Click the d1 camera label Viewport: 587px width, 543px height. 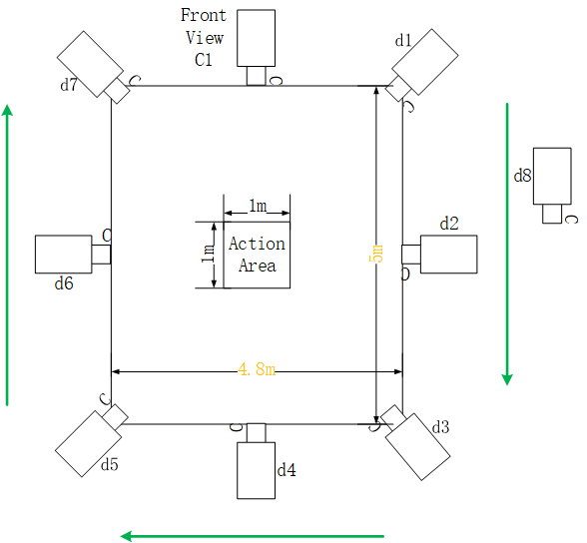click(x=403, y=40)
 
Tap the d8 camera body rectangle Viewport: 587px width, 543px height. click(x=552, y=176)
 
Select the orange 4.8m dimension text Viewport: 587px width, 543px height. click(x=257, y=369)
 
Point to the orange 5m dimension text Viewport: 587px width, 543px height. click(x=377, y=254)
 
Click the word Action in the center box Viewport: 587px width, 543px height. click(x=257, y=244)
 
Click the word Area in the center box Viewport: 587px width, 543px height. click(x=258, y=266)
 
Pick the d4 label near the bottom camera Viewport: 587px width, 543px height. click(x=287, y=470)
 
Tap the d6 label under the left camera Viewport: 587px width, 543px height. click(x=64, y=283)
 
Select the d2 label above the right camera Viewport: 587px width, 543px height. click(x=449, y=224)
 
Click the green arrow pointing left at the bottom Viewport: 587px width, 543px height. click(x=253, y=536)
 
